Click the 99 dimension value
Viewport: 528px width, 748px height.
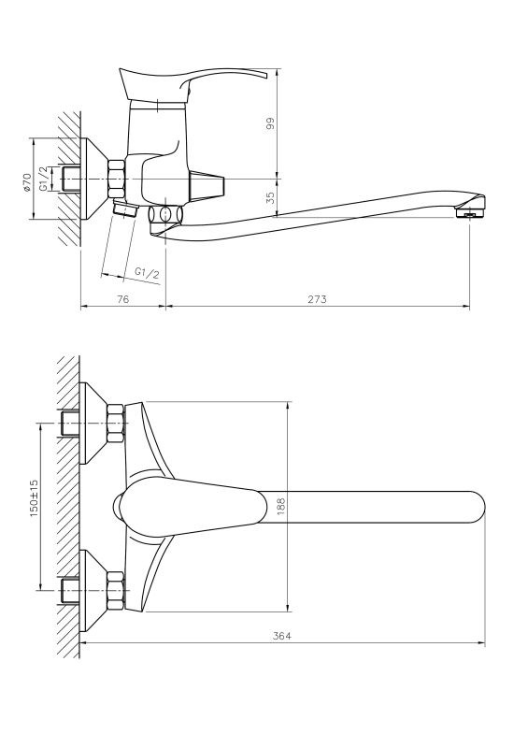(270, 123)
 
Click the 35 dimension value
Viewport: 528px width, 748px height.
(270, 197)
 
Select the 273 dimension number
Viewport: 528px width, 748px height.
(317, 299)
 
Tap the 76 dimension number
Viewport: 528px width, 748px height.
(123, 299)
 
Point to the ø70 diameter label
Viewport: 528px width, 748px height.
(27, 182)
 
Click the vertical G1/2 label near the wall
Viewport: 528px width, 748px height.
(43, 179)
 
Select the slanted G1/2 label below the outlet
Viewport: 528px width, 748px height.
(147, 273)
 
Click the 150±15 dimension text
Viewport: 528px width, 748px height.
(35, 498)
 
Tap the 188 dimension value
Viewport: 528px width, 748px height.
(280, 506)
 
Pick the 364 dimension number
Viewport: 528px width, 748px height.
(282, 636)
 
